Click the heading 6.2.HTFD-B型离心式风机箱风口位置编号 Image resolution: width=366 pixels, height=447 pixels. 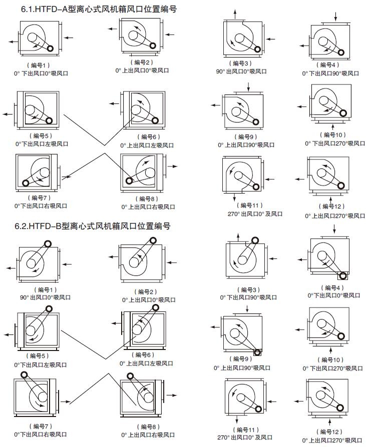point(93,226)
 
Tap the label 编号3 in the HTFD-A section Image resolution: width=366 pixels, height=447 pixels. point(241,63)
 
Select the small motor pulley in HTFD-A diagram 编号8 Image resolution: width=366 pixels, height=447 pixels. point(130,181)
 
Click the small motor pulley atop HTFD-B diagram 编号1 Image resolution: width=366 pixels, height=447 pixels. point(48,244)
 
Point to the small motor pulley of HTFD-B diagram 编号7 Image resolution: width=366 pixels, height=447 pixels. point(24,374)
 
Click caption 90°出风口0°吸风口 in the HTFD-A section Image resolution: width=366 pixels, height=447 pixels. point(241,71)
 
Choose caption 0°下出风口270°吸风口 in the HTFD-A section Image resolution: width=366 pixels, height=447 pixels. point(335,143)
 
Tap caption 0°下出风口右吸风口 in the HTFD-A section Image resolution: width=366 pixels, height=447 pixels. point(41,206)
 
